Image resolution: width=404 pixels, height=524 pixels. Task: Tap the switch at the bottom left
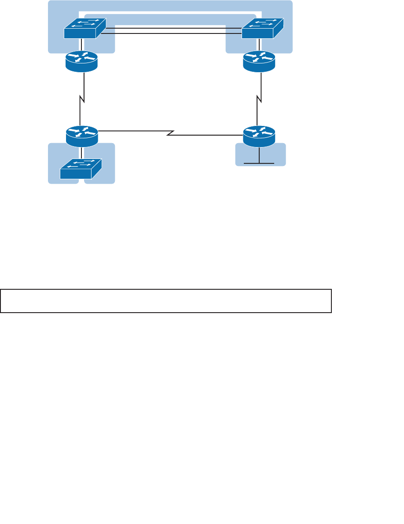coord(81,169)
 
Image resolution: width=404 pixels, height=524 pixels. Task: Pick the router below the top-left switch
coord(81,62)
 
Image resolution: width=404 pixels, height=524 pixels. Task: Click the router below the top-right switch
coord(259,62)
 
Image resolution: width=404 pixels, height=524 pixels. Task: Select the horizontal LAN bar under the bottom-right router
coord(260,163)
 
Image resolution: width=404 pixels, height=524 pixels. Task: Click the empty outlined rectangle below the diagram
coord(165,301)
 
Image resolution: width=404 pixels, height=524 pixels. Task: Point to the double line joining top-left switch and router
coord(82,45)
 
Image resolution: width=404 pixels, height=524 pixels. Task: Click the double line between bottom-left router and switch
coord(82,151)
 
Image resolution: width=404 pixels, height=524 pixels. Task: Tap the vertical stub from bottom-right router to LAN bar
coord(260,155)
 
